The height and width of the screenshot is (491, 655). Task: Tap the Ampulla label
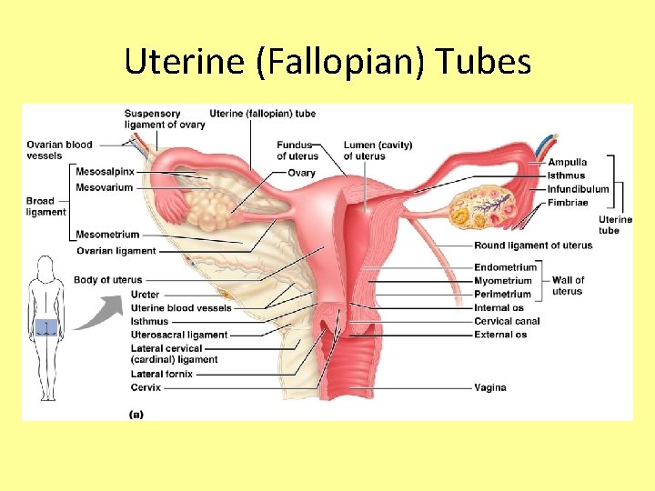click(567, 163)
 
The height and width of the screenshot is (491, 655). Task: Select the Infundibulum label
click(578, 189)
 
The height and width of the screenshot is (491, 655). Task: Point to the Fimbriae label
click(568, 203)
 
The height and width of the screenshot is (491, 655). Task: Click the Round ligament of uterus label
click(533, 245)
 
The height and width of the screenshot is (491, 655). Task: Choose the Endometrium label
click(505, 268)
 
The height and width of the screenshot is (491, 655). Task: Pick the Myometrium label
click(502, 281)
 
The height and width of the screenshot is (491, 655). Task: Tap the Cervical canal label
click(507, 321)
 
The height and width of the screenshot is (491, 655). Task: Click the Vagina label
click(489, 388)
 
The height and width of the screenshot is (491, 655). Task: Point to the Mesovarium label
click(104, 188)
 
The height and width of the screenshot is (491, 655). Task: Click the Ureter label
click(145, 295)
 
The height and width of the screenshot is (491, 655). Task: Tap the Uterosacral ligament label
click(179, 335)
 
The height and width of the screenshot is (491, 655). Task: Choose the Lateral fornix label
click(162, 374)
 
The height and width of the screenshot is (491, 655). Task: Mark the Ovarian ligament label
click(116, 251)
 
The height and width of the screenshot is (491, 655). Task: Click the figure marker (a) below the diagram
click(136, 414)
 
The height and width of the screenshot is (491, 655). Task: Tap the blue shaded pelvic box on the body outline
click(45, 327)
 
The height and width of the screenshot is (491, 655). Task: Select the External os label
click(500, 335)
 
